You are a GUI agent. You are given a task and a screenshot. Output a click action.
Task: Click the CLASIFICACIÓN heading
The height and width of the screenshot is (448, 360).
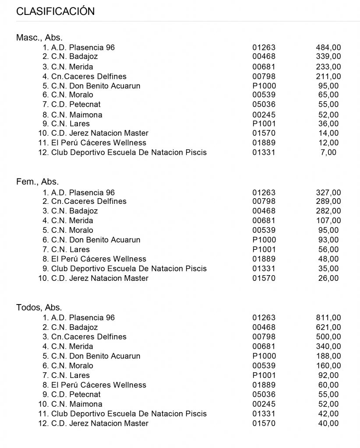pyautogui.click(x=55, y=12)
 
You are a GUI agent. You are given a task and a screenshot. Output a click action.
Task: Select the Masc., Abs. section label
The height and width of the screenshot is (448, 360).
pyautogui.click(x=39, y=38)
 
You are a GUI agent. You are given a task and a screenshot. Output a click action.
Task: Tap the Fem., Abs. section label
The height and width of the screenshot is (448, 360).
pyautogui.click(x=38, y=182)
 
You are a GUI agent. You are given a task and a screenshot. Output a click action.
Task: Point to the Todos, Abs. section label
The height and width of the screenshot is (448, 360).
pyautogui.click(x=39, y=308)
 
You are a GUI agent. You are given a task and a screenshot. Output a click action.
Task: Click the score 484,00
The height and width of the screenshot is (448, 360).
pyautogui.click(x=328, y=47)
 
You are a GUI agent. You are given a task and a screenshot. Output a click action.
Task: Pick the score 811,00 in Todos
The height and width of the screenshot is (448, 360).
pyautogui.click(x=328, y=318)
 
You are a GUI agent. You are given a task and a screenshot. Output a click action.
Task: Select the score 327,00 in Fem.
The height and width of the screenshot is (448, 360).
pyautogui.click(x=328, y=192)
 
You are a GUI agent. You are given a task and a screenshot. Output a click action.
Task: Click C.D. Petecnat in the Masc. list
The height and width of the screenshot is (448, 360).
pyautogui.click(x=76, y=105)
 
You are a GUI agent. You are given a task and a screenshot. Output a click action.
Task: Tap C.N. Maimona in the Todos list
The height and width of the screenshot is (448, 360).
pyautogui.click(x=77, y=404)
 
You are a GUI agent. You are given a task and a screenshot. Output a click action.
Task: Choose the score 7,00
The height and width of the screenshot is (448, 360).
pyautogui.click(x=329, y=152)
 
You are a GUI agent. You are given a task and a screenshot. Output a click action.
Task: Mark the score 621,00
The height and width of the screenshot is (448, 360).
pyautogui.click(x=328, y=327)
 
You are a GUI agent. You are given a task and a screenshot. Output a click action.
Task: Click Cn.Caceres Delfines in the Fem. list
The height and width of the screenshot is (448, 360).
pyautogui.click(x=89, y=201)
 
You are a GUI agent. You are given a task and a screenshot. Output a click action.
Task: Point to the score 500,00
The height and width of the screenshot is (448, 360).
pyautogui.click(x=328, y=337)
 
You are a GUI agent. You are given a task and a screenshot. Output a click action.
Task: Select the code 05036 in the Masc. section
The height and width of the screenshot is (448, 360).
pyautogui.click(x=264, y=105)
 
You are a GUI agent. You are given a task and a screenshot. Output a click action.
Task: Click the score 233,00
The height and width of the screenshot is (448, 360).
pyautogui.click(x=328, y=67)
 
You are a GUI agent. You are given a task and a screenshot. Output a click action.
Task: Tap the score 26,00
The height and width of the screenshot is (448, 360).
pyautogui.click(x=328, y=278)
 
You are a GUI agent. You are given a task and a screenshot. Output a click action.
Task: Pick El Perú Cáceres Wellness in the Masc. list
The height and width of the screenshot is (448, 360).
pyautogui.click(x=99, y=143)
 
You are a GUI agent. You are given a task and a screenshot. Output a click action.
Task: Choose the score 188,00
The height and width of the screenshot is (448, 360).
pyautogui.click(x=328, y=356)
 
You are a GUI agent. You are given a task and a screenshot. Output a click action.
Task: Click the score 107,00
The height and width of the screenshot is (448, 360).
pyautogui.click(x=328, y=220)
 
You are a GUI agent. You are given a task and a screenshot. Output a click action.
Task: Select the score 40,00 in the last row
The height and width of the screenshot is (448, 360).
pyautogui.click(x=328, y=423)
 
